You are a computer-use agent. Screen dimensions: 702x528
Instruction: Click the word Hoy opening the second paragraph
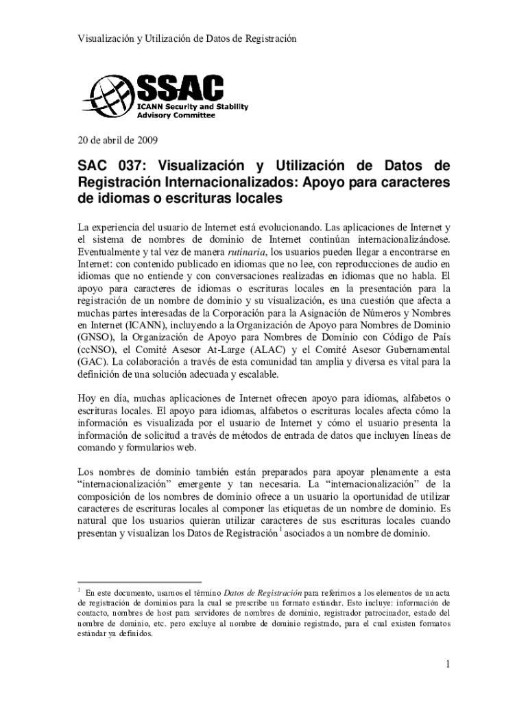(x=86, y=398)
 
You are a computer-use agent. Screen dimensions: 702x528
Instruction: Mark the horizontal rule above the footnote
(x=134, y=581)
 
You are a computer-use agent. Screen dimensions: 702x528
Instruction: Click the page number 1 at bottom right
(x=446, y=664)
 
